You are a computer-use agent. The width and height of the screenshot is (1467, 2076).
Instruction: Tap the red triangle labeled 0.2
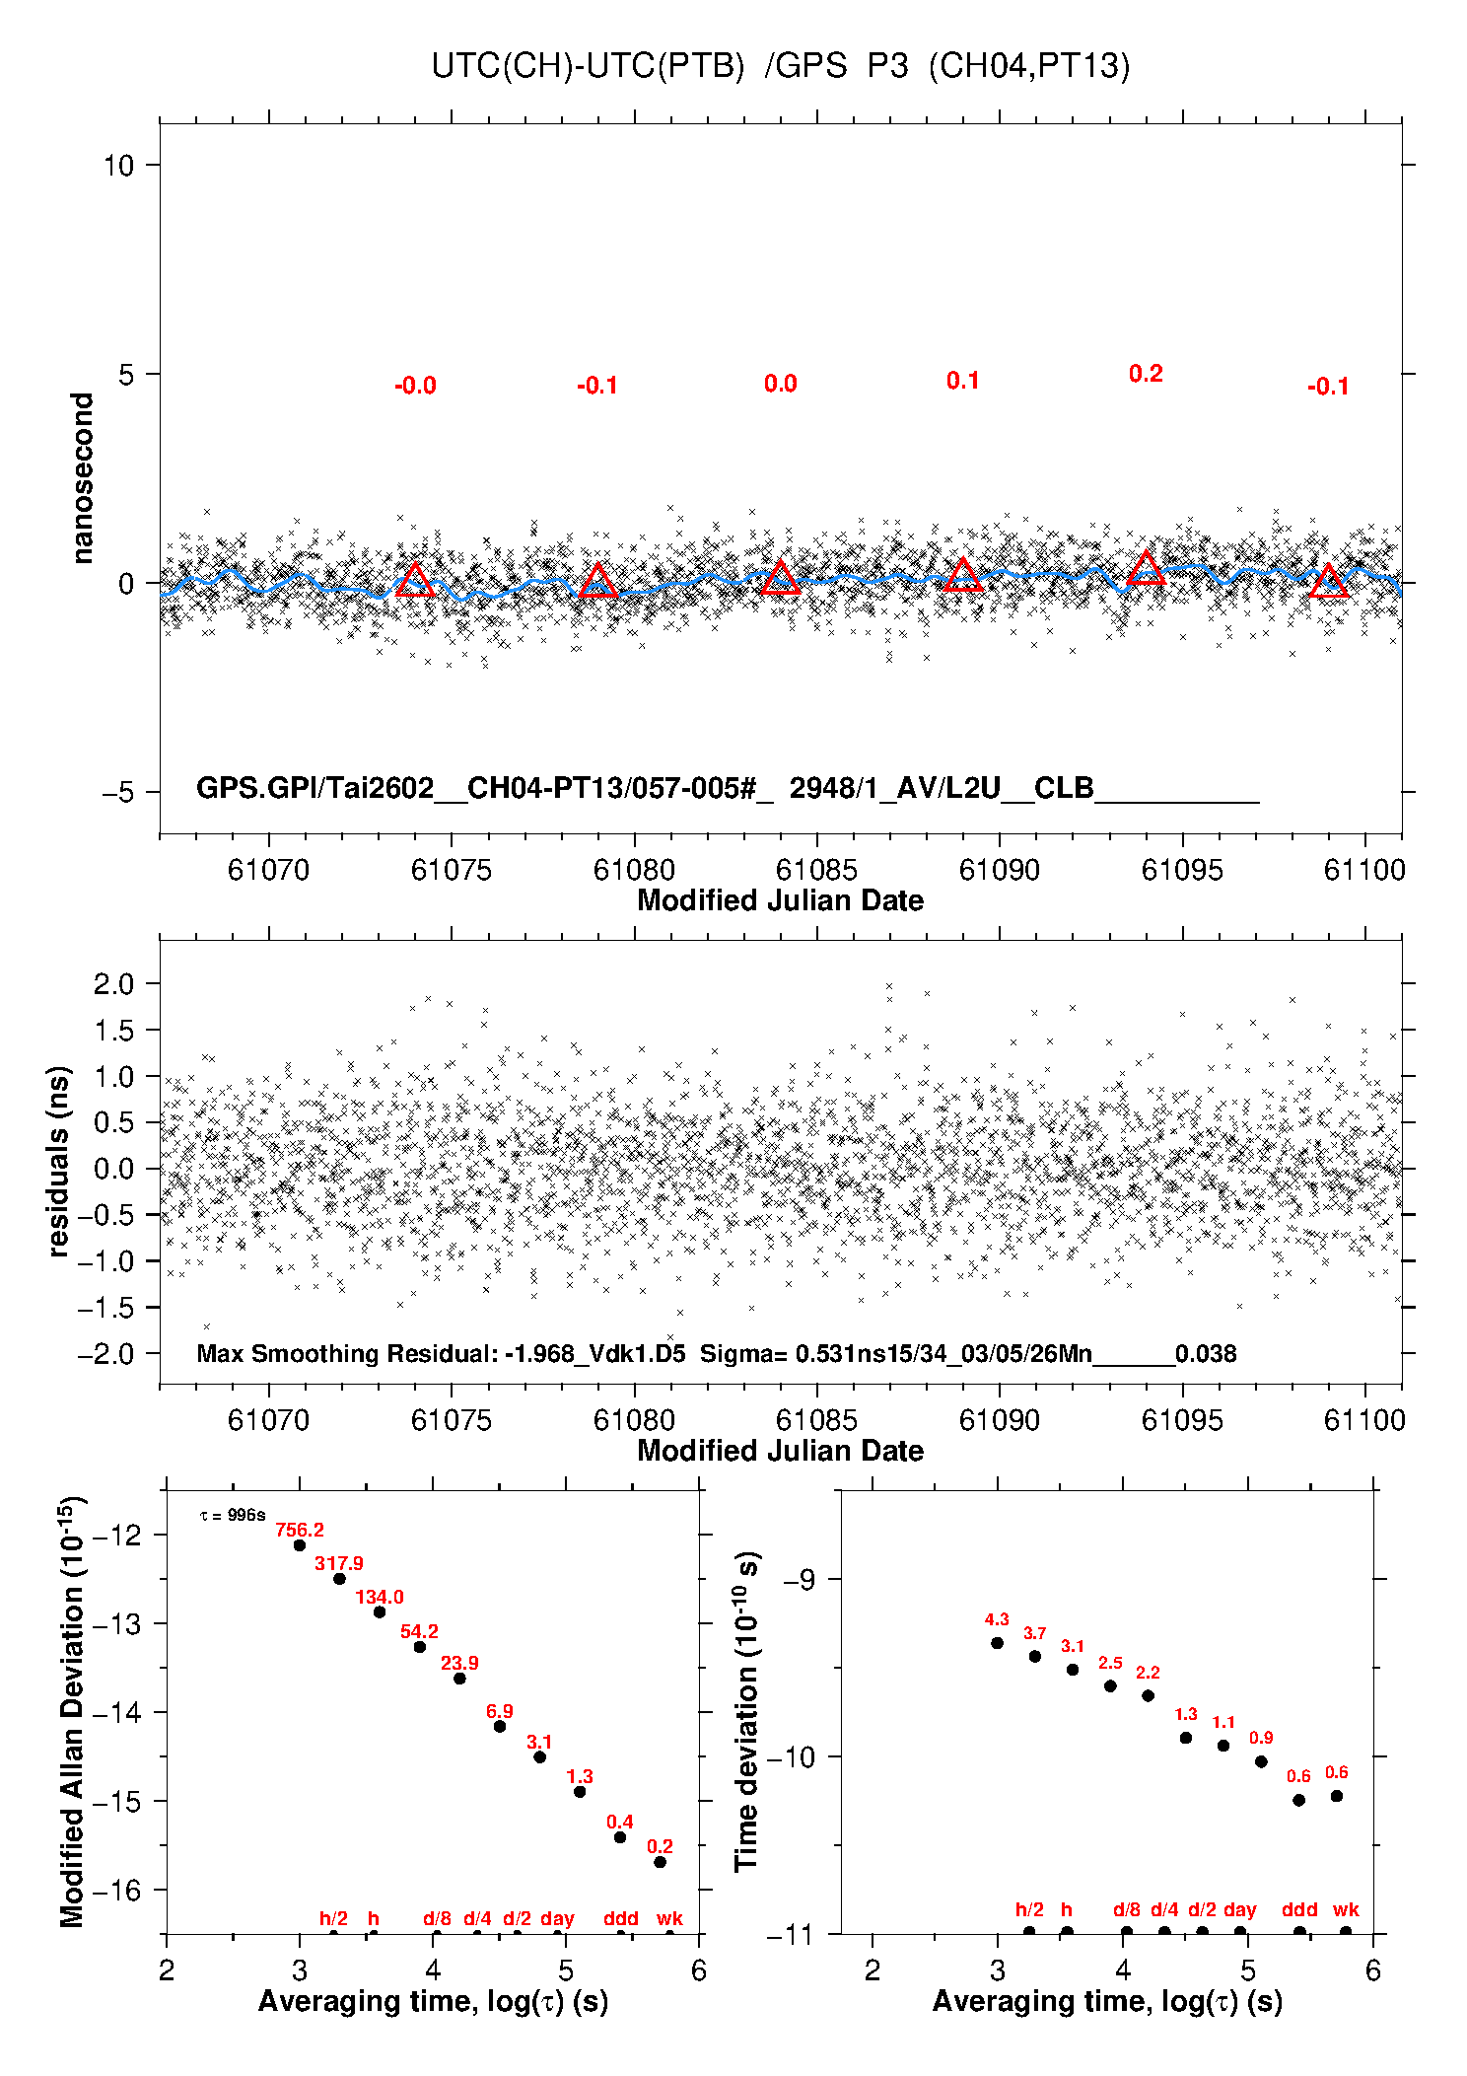point(1146,569)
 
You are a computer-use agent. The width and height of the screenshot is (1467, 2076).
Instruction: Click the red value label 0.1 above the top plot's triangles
point(962,381)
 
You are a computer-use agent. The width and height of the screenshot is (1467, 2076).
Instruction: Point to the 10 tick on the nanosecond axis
point(118,165)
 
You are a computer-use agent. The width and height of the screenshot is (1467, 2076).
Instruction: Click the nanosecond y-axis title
point(82,478)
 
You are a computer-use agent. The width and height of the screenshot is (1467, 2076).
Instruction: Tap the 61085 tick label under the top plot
point(816,870)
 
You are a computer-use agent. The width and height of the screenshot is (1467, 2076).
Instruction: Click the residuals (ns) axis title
point(59,1161)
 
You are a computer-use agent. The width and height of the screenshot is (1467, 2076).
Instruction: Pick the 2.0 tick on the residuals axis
point(112,983)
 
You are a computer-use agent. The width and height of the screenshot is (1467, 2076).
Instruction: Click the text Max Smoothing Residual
point(347,1353)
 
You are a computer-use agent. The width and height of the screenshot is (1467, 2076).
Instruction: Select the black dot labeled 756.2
point(300,1545)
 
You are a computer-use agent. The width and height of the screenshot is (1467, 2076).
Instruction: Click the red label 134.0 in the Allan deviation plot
point(380,1597)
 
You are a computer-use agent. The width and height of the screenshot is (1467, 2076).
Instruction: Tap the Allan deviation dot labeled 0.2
point(660,1862)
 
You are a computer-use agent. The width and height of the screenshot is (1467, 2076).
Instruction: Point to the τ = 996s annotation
point(233,1515)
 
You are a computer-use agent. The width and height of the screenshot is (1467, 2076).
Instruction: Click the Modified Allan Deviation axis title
point(72,1712)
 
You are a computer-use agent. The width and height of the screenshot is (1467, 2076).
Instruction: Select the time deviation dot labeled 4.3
point(997,1643)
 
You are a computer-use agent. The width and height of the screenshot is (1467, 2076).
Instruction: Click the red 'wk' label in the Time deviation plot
point(1346,1910)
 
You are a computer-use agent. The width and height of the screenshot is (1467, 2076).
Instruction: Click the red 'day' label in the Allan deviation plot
point(557,1918)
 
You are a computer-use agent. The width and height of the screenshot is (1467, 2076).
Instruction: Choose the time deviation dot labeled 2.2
point(1148,1695)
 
